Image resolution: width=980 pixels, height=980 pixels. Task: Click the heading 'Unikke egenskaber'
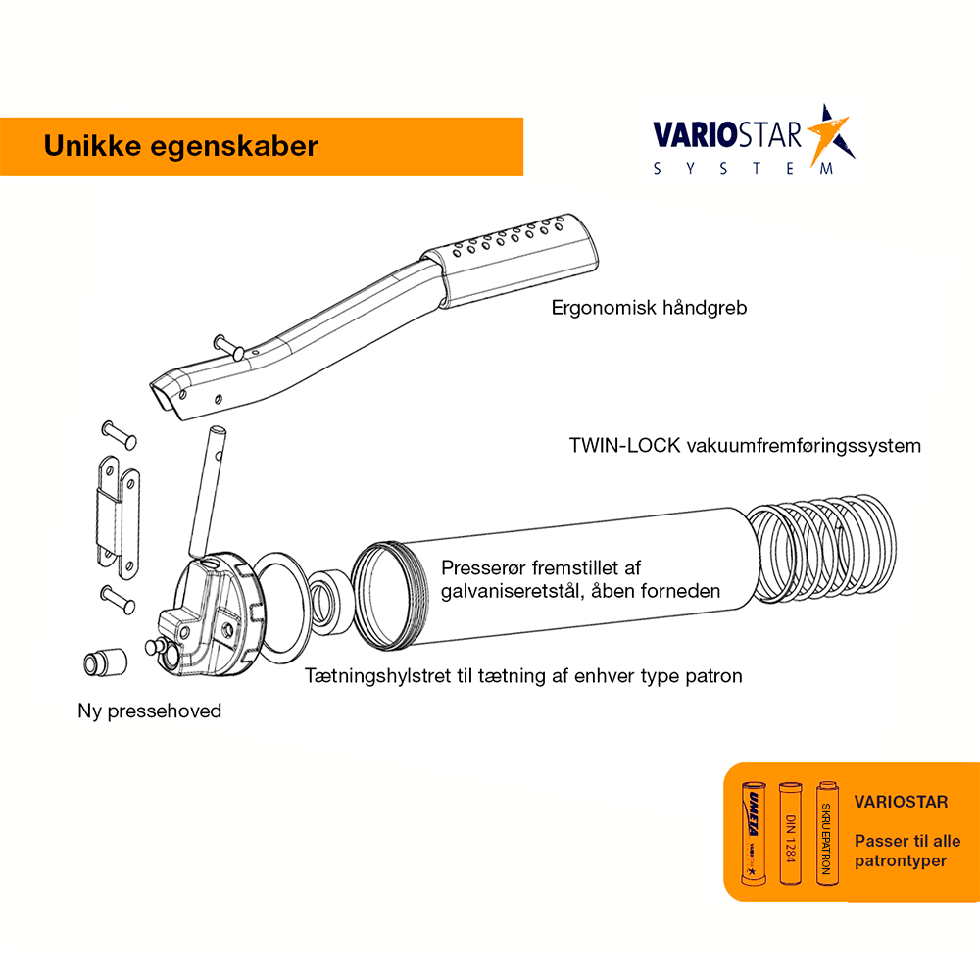tap(180, 146)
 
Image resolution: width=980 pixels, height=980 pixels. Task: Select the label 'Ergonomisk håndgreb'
tap(649, 308)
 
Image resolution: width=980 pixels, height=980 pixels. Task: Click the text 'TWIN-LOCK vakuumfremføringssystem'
tap(745, 446)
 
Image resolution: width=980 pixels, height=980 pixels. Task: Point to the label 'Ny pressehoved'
tap(149, 710)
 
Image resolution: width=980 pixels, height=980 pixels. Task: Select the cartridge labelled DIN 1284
tap(790, 833)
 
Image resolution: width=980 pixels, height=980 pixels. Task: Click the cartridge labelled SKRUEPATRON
tap(827, 833)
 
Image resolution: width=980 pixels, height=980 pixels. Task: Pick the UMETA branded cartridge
tap(753, 833)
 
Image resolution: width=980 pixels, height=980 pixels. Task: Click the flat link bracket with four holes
tap(119, 517)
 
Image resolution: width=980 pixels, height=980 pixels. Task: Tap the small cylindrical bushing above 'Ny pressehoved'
tap(105, 662)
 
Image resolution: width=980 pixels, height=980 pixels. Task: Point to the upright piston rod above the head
tap(208, 492)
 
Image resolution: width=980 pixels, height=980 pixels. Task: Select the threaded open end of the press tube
tap(389, 596)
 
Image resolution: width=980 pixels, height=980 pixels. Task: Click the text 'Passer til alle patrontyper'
tap(907, 851)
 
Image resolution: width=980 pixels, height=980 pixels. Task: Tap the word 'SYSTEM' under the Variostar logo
tap(743, 169)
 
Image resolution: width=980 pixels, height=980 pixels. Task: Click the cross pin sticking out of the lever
tap(228, 347)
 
